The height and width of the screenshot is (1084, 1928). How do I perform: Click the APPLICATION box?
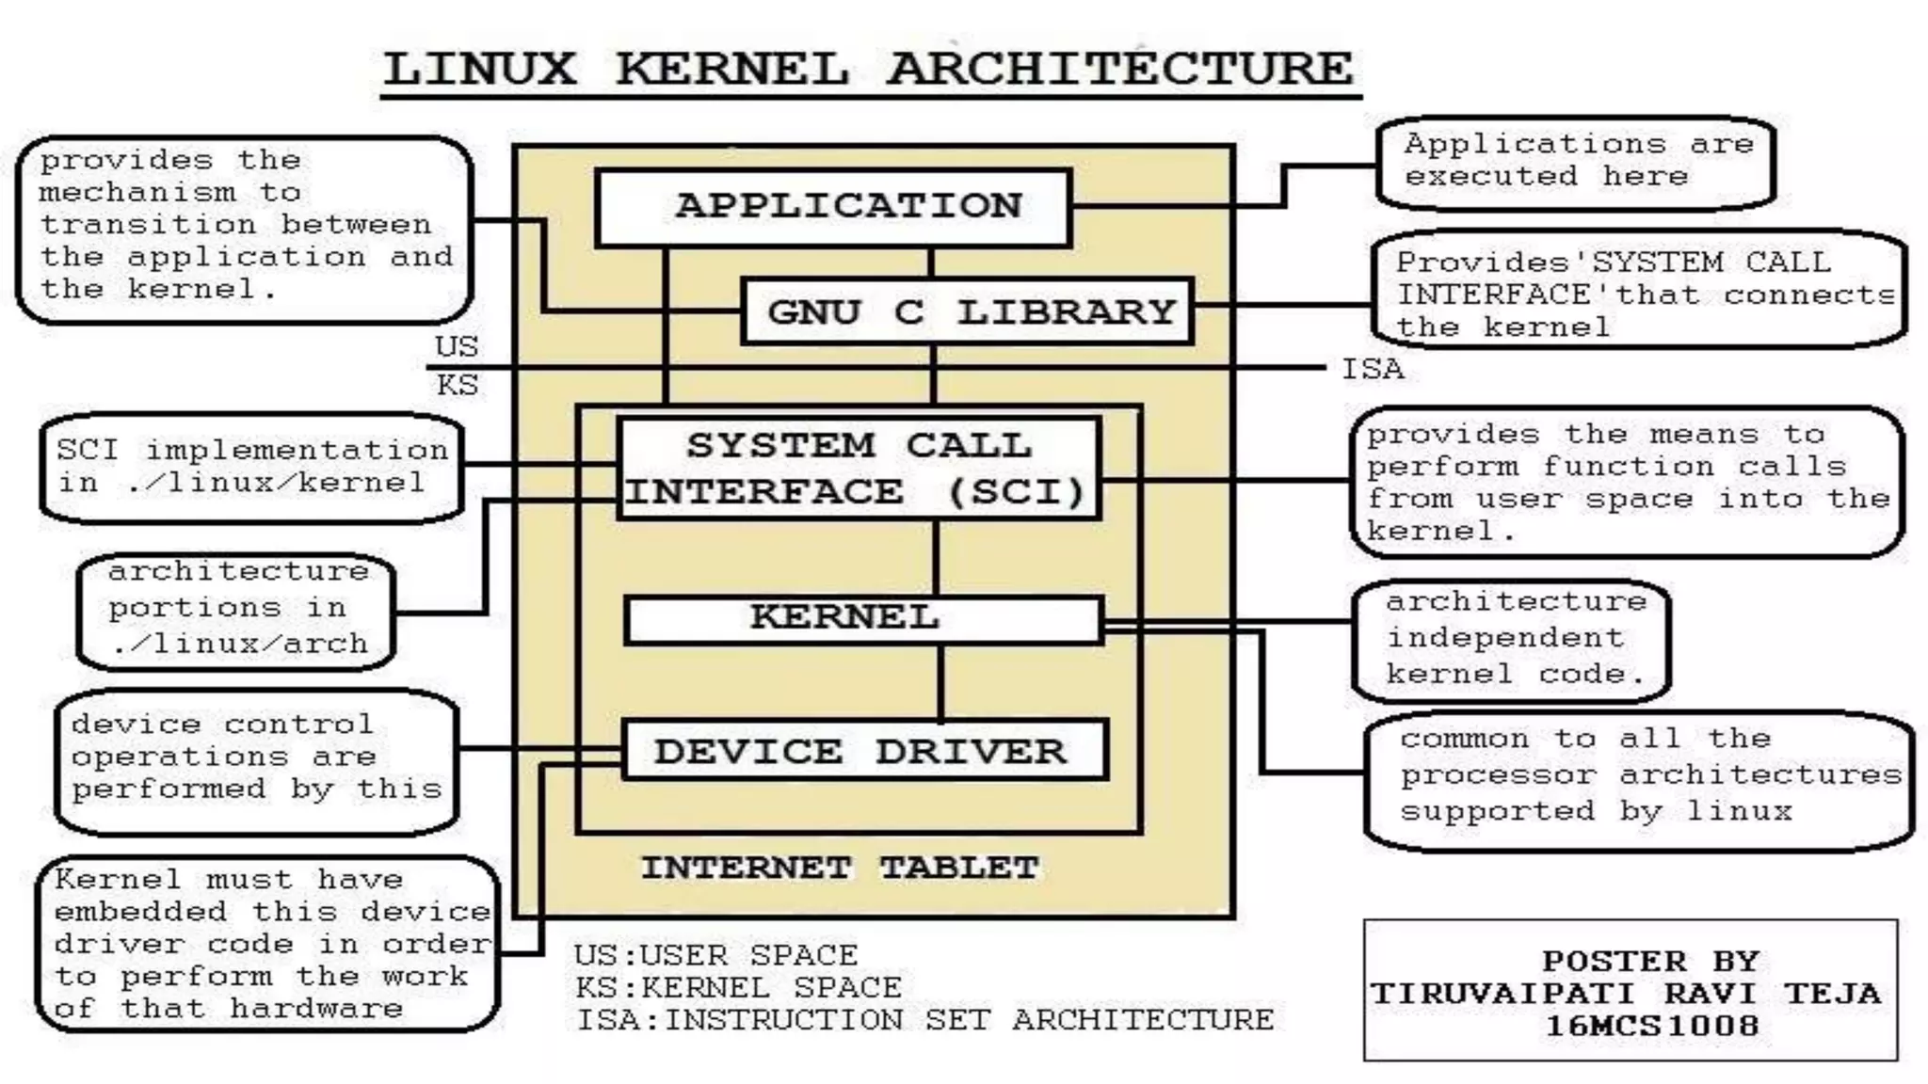834,207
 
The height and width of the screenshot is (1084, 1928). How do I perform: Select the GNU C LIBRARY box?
968,311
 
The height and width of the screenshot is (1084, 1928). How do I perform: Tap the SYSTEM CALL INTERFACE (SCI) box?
859,469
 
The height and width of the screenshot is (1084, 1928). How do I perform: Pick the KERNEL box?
862,618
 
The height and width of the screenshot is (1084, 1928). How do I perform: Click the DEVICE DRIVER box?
864,751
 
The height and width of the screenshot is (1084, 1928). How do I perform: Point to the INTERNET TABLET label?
840,868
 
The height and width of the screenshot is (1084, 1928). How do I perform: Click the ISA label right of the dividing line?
1372,369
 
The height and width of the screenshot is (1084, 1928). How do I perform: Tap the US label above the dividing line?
457,346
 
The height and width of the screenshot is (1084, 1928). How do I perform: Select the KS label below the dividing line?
457,385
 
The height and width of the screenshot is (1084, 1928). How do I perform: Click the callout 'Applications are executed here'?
1576,162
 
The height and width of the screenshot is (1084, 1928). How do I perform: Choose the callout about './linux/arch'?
236,609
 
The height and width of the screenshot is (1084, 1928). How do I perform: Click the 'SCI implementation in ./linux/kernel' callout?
251,467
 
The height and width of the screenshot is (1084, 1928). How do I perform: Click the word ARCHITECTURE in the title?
1120,69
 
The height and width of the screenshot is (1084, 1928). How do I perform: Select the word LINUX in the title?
480,69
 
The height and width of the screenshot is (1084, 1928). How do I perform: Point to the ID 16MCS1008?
1652,1026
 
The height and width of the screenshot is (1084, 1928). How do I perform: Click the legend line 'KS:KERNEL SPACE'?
738,988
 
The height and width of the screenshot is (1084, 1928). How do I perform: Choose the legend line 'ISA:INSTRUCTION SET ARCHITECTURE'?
924,1020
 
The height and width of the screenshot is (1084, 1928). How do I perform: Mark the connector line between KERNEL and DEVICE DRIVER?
940,683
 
